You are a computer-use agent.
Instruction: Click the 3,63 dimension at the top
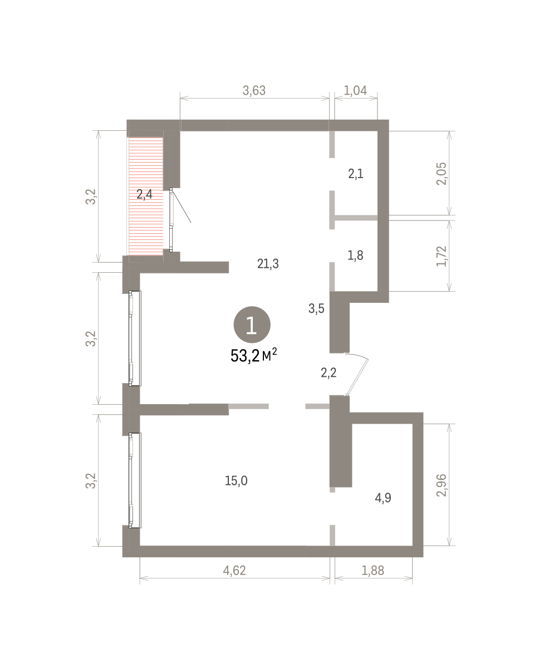254,91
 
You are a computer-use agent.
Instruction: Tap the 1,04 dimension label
355,91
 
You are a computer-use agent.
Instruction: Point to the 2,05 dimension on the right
441,174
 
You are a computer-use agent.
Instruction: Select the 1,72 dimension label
441,256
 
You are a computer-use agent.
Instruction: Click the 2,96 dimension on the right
441,485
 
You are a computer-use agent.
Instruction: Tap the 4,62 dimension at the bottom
234,571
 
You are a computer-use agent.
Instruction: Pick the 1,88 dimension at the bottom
373,571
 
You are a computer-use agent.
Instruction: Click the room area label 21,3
268,264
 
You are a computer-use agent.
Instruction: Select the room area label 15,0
236,481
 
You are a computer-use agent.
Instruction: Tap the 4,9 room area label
383,498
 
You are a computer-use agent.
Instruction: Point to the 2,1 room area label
356,174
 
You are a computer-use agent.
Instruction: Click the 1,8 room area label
355,256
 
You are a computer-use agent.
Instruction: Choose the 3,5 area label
316,308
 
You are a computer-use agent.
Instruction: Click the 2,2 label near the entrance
329,373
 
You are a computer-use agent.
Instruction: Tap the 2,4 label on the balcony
144,194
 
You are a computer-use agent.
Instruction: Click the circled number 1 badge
252,325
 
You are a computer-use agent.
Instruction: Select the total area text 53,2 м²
254,355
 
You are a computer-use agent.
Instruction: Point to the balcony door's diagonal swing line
182,207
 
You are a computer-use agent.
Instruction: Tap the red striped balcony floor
146,196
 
